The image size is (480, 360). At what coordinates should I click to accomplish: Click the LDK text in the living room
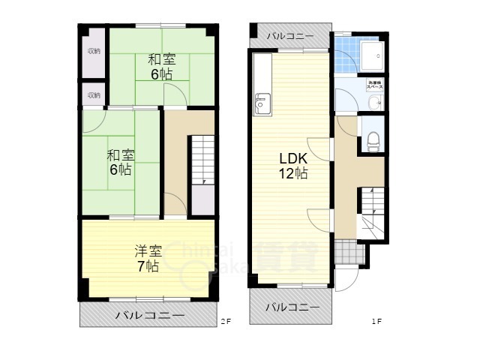pos(293,159)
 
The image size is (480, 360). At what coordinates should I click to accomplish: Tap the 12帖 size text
pos(293,175)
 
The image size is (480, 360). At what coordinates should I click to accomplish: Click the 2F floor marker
pos(226,322)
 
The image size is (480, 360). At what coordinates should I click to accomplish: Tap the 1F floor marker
pos(376,322)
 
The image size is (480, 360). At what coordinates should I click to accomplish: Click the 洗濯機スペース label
pos(374,85)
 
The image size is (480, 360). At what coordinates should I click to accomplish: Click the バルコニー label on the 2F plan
pos(149,316)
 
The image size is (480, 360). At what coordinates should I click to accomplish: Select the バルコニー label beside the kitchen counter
pos(289,35)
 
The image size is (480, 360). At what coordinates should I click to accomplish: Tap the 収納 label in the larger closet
pos(94,51)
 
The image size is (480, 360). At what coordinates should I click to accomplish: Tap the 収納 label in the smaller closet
pos(94,95)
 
